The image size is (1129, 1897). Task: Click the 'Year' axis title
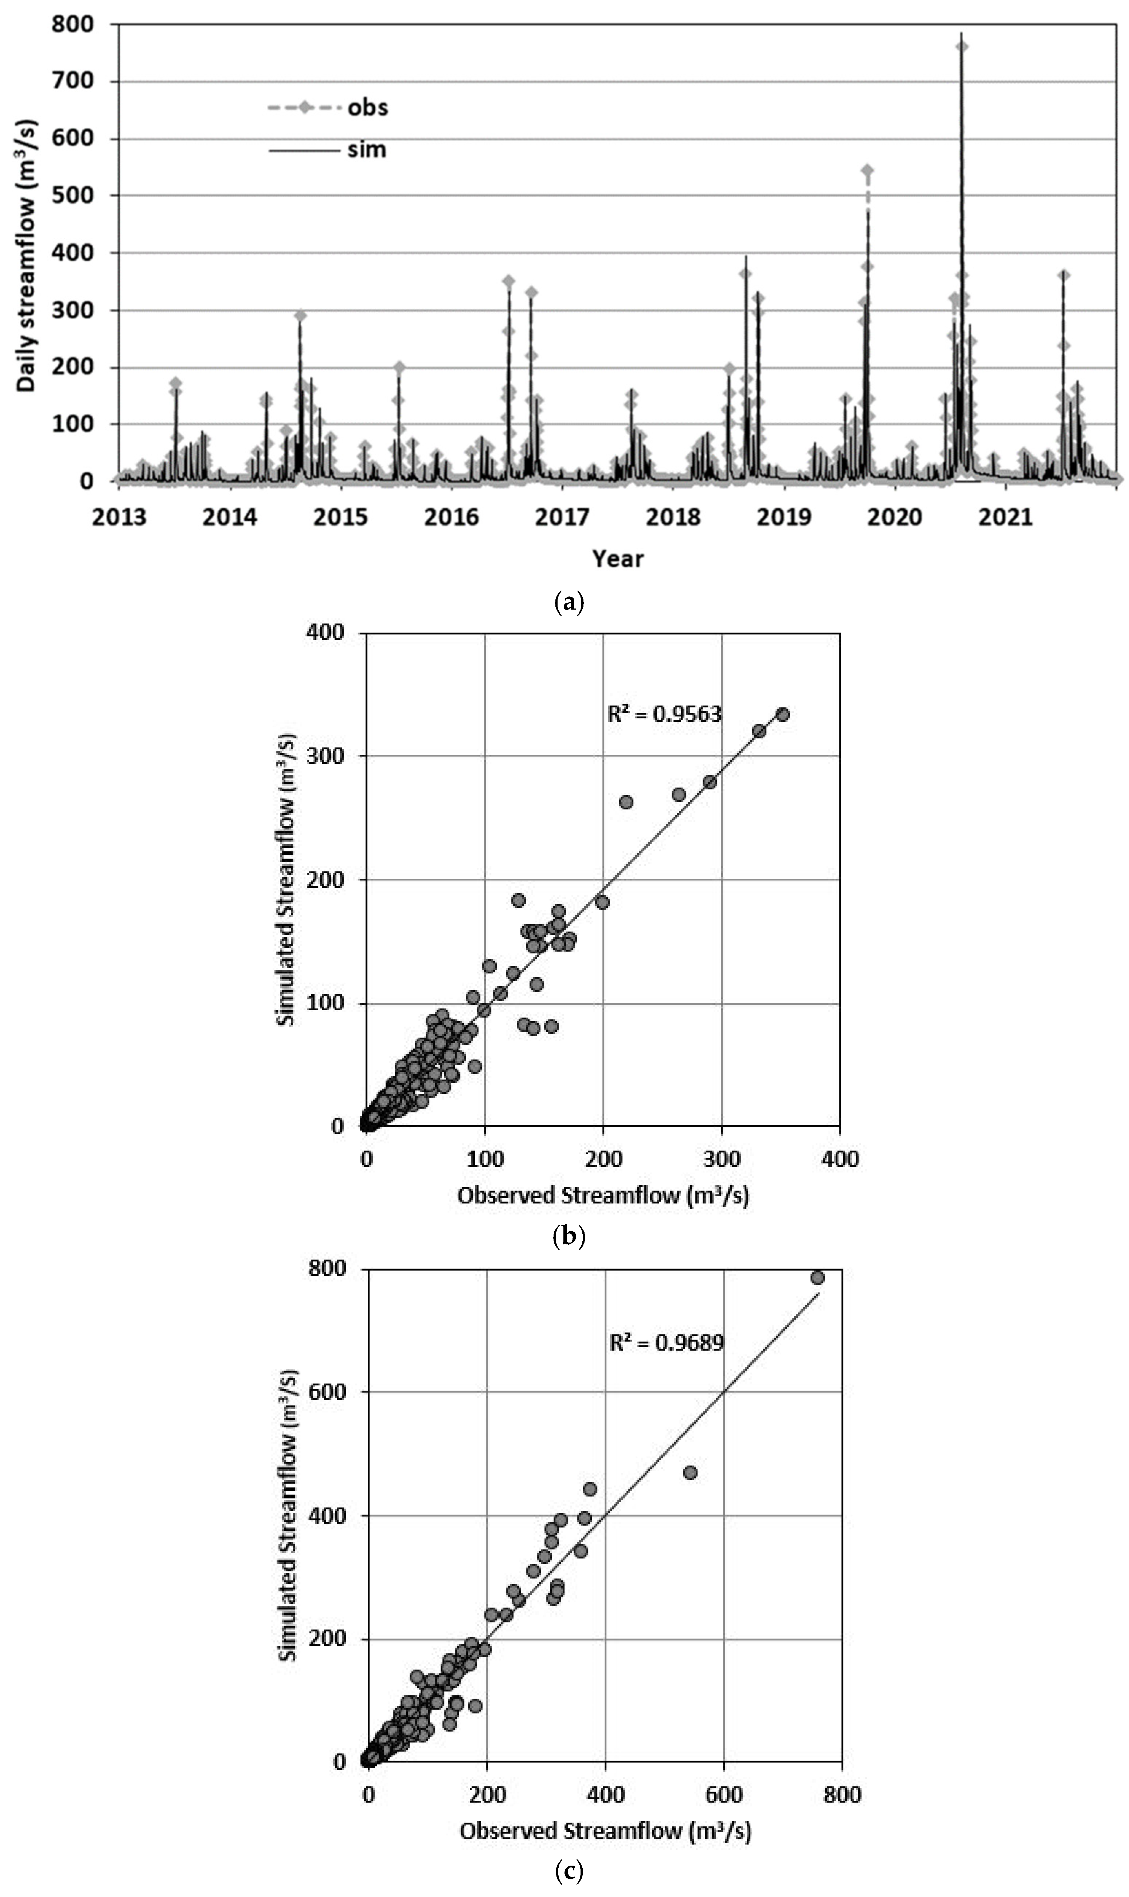(618, 559)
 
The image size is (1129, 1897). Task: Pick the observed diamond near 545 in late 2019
(867, 170)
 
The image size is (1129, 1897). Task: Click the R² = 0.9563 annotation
(664, 714)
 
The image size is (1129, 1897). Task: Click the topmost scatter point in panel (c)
(818, 1278)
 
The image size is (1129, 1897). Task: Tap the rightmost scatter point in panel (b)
(783, 715)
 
